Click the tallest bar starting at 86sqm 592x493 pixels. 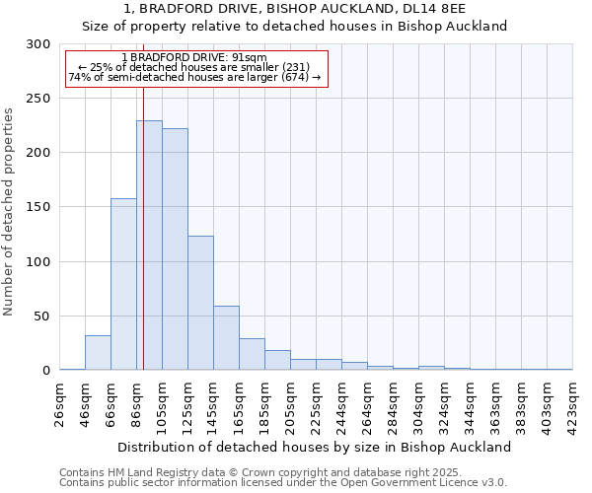[149, 246]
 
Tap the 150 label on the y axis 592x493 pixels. [38, 207]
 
